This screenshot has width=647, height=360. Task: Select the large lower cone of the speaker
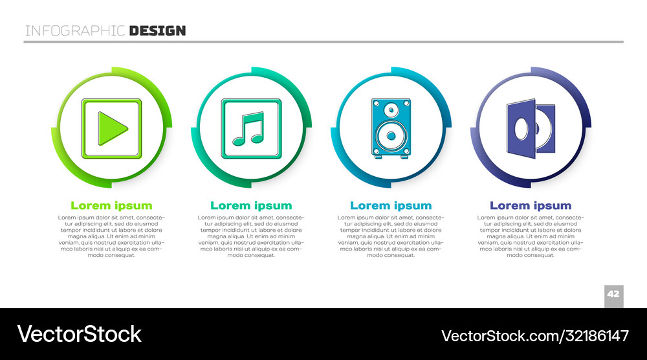coord(390,137)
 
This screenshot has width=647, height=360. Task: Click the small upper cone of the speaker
coord(391,111)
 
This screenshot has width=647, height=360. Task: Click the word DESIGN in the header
coord(157,30)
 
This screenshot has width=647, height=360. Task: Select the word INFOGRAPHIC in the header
coord(75,30)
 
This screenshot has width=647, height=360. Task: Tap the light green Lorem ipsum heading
coord(111,205)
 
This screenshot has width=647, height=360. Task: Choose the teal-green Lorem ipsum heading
coord(251,205)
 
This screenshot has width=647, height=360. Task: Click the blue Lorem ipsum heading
coord(391,205)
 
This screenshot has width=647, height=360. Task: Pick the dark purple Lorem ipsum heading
coord(531,205)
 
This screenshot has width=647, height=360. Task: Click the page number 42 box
coord(613,294)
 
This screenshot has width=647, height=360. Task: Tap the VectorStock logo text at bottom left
coord(79,334)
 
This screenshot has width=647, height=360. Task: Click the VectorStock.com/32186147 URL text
coord(534,335)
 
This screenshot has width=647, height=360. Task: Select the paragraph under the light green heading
coord(111,236)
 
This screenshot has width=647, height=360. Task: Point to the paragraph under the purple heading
coord(531,236)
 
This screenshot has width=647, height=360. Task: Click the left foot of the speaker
coord(377,157)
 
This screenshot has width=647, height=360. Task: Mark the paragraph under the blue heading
coord(391,236)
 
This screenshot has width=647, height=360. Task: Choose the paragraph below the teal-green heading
coord(251,236)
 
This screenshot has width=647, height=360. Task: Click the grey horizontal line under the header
coord(323,42)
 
